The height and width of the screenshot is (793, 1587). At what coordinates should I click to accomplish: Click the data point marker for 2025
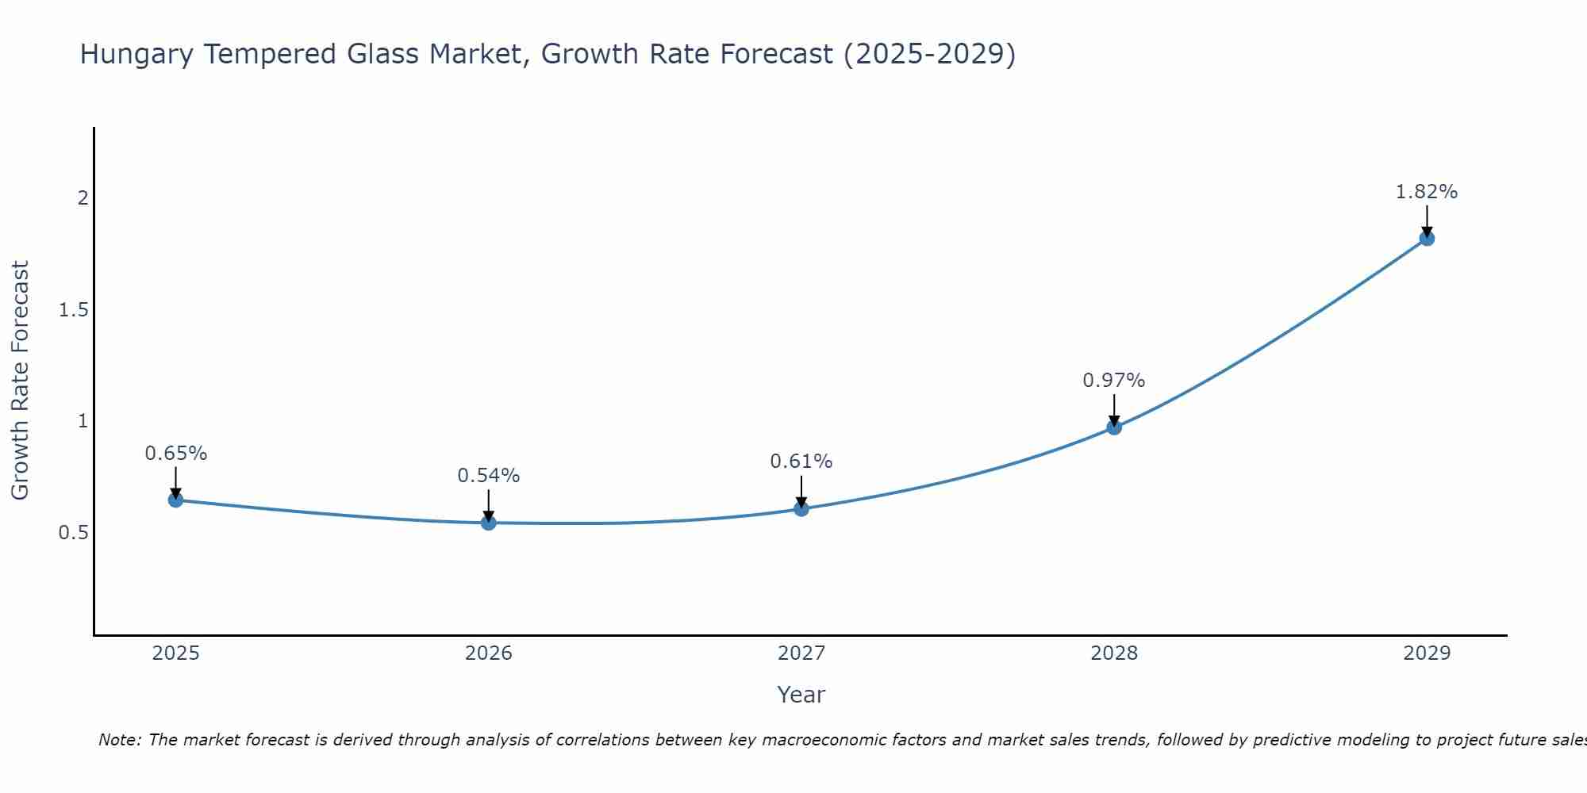click(x=176, y=500)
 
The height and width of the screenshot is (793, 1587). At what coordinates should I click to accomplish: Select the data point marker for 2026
click(x=489, y=523)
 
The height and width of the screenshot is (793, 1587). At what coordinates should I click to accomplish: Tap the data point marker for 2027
click(x=801, y=508)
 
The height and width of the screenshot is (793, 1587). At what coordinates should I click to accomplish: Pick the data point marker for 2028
click(x=1114, y=427)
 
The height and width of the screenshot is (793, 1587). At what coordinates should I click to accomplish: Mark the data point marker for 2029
click(x=1427, y=238)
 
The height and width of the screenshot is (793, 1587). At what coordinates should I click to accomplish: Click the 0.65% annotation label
click(x=176, y=454)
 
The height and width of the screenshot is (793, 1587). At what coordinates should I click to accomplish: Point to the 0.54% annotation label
click(x=489, y=476)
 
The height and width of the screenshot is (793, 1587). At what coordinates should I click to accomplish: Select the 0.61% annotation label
click(x=801, y=462)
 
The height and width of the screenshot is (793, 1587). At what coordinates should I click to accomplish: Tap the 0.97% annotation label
click(x=1114, y=381)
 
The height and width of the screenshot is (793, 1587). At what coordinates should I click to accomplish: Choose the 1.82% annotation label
click(x=1427, y=192)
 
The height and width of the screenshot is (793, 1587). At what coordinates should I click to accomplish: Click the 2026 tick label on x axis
click(x=489, y=653)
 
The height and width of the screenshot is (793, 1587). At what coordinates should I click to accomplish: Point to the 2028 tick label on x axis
click(x=1114, y=653)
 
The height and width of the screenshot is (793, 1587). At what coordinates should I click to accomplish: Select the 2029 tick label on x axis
click(x=1427, y=653)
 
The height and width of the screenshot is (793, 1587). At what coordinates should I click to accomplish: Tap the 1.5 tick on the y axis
click(x=74, y=310)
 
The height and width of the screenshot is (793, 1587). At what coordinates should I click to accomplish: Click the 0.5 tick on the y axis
click(x=74, y=533)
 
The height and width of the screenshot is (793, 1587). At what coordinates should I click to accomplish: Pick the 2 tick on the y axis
click(x=83, y=198)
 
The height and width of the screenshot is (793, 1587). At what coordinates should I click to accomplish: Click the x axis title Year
click(x=801, y=695)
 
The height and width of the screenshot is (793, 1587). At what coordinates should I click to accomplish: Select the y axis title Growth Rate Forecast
click(x=21, y=381)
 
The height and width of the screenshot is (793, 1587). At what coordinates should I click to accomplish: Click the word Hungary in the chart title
click(x=136, y=55)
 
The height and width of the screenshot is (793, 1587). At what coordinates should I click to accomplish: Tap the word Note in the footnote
click(x=119, y=740)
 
